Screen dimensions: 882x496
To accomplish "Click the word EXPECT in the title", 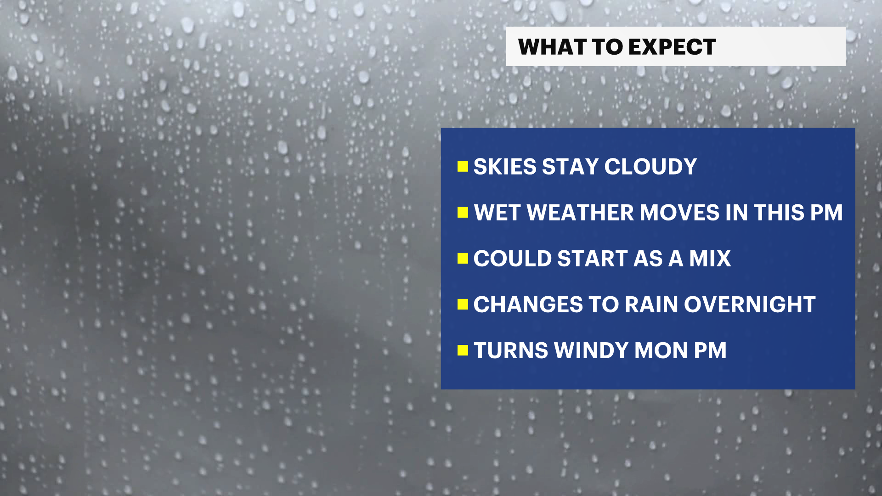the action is click(x=672, y=47).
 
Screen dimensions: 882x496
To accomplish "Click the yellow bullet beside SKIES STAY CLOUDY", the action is click(x=463, y=166).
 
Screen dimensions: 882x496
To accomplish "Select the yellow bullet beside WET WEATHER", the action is click(x=463, y=212).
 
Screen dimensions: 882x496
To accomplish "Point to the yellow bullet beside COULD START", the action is click(x=463, y=258).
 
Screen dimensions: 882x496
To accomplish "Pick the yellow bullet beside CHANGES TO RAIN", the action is click(x=463, y=304).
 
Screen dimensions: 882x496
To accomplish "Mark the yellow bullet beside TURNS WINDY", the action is click(x=463, y=350).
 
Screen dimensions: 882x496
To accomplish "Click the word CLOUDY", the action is click(x=650, y=166).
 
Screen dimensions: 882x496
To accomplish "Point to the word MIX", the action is click(x=710, y=259).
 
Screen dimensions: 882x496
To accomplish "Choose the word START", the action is click(x=593, y=259).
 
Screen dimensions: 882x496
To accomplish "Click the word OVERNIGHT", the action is click(x=750, y=304).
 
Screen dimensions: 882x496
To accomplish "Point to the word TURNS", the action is click(x=511, y=350).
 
